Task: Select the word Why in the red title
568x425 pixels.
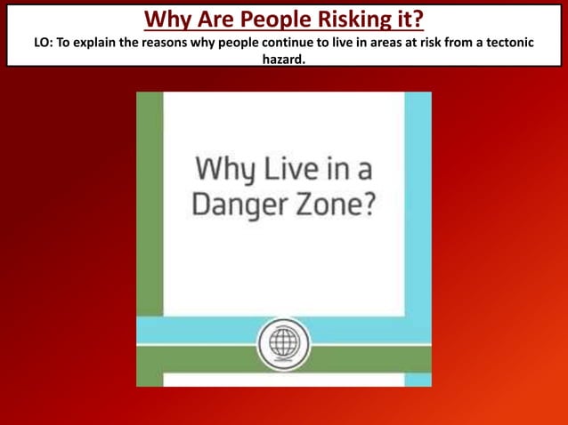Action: pos(166,19)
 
